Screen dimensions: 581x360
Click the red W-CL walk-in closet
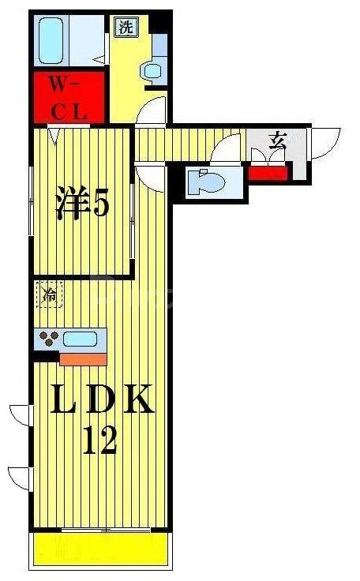click(69, 98)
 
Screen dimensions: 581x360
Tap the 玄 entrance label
click(277, 142)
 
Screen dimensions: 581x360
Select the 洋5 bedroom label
click(81, 204)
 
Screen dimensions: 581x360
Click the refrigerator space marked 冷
click(50, 297)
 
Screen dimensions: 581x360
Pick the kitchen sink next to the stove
click(80, 340)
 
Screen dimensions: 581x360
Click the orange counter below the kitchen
click(82, 358)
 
